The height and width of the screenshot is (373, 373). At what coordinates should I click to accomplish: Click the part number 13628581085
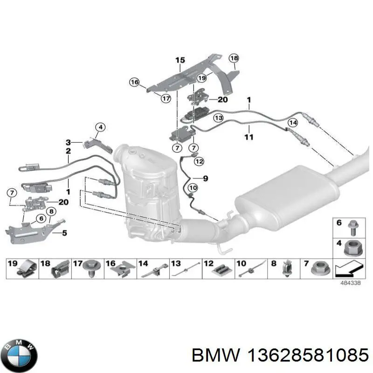tap(308, 355)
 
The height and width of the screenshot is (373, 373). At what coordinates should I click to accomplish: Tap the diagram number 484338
tap(351, 283)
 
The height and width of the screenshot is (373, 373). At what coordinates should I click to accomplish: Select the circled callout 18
tap(234, 58)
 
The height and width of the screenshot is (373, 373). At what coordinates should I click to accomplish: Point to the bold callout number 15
tap(180, 60)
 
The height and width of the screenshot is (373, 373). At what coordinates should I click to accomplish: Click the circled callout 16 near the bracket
tap(134, 82)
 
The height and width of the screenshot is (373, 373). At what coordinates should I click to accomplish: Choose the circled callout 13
tap(218, 118)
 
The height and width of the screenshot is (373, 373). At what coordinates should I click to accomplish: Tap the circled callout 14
tap(293, 123)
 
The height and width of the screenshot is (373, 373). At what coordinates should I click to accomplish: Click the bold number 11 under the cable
tap(249, 137)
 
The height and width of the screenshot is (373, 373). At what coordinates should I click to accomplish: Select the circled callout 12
tap(199, 161)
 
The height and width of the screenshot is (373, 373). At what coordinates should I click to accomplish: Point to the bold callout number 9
tap(205, 178)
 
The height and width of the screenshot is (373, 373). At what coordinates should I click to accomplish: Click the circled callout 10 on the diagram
tap(193, 188)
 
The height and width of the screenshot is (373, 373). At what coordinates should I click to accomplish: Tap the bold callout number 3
tap(68, 143)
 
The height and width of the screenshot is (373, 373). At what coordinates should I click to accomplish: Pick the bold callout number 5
tap(64, 233)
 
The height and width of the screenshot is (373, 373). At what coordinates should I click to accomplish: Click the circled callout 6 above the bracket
tap(41, 218)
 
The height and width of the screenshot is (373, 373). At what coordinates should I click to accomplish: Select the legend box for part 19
tap(22, 269)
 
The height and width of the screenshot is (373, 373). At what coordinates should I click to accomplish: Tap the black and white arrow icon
tap(349, 269)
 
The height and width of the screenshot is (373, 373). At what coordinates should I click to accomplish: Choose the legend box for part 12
tap(218, 269)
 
